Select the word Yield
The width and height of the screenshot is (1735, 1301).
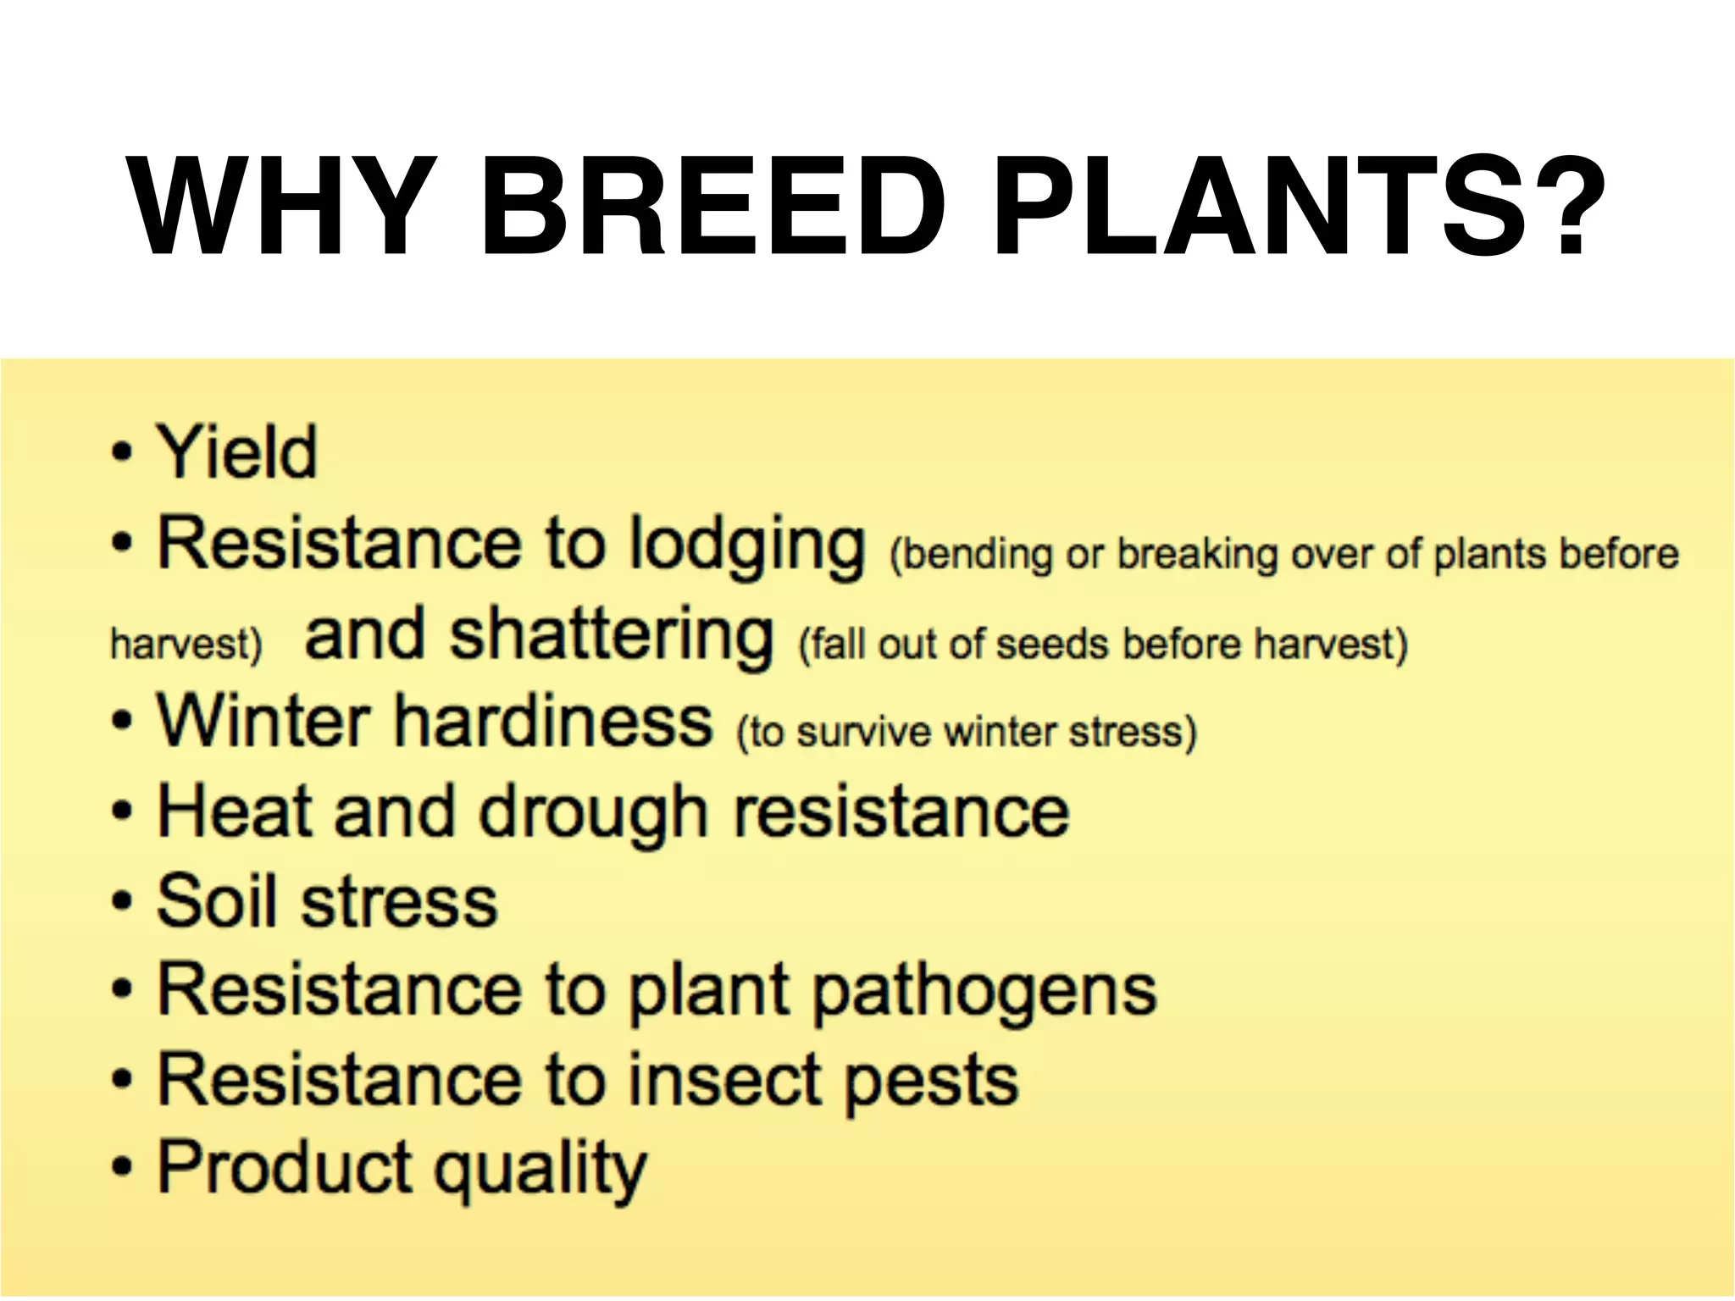(x=238, y=452)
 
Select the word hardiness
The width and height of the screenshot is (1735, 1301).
(x=555, y=722)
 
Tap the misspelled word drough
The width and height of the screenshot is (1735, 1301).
(x=593, y=813)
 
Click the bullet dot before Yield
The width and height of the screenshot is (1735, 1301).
(x=123, y=453)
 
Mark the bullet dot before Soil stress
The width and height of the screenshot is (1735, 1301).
(x=123, y=901)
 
